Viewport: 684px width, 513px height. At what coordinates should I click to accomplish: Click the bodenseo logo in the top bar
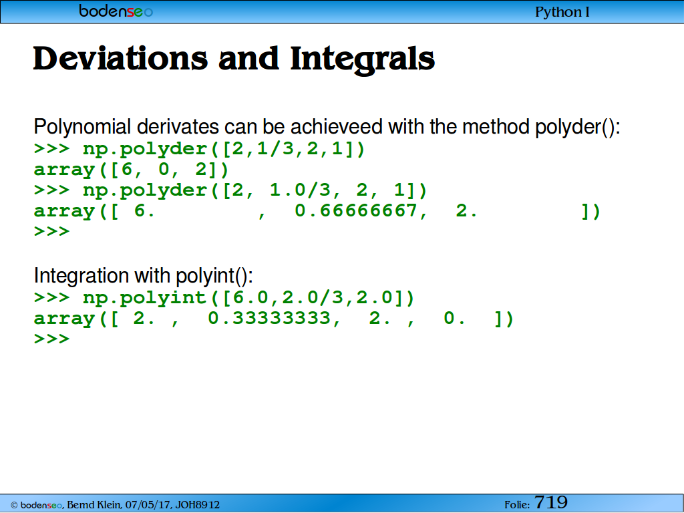click(x=116, y=11)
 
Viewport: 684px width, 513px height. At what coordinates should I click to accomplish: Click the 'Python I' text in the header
click(x=562, y=12)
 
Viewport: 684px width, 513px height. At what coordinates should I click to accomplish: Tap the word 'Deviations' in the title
click(x=120, y=59)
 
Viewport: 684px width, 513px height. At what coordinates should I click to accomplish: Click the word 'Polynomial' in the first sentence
click(x=82, y=127)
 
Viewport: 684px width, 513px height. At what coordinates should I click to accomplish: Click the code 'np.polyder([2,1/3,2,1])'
click(x=224, y=149)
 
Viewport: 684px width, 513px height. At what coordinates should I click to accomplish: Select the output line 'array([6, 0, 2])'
click(x=132, y=170)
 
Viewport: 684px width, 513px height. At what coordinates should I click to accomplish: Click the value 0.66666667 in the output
click(x=355, y=210)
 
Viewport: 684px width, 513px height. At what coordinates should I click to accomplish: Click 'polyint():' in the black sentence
click(x=214, y=276)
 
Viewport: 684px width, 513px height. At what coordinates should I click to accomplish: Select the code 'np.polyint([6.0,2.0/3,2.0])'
click(x=248, y=297)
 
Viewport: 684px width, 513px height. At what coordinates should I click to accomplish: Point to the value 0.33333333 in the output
click(x=269, y=318)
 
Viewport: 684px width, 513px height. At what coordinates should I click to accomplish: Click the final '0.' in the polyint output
click(x=454, y=319)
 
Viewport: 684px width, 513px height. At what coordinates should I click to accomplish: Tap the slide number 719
click(x=551, y=502)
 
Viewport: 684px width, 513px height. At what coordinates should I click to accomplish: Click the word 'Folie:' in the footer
click(x=517, y=505)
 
